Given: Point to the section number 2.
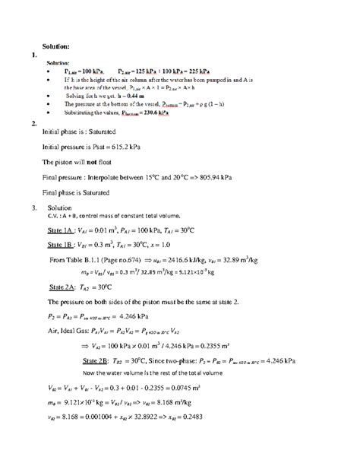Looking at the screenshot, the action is pyautogui.click(x=30, y=123).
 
